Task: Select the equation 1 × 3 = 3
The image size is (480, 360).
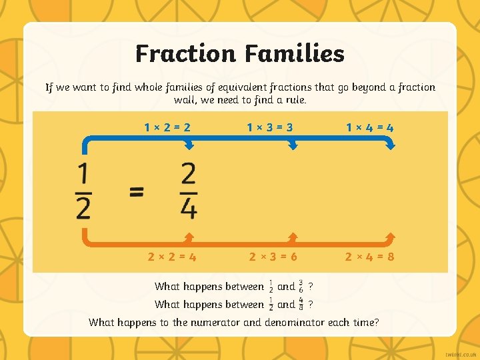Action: click(271, 127)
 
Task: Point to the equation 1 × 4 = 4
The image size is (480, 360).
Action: click(369, 127)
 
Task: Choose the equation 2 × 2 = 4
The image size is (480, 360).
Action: click(172, 255)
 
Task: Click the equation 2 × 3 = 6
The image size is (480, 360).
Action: click(273, 255)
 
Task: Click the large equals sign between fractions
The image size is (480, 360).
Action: click(136, 192)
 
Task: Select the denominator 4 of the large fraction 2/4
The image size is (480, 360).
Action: click(189, 209)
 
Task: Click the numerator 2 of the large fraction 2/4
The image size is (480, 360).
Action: click(189, 175)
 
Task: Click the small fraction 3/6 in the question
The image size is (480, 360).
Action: click(301, 286)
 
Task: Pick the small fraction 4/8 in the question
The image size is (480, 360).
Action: click(301, 304)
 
